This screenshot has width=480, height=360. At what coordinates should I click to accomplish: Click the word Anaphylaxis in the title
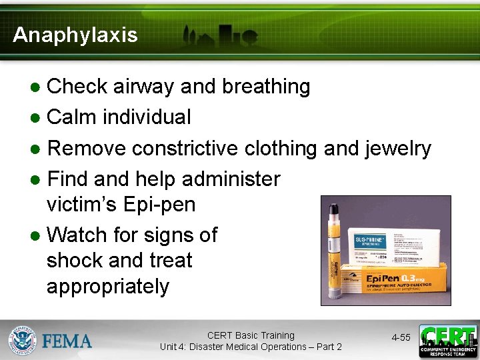[75, 35]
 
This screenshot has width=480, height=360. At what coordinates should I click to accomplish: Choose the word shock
[77, 260]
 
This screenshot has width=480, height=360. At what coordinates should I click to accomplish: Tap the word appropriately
[108, 287]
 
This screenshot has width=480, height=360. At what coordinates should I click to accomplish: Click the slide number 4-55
[401, 338]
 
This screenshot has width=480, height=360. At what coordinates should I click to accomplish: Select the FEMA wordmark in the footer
[67, 341]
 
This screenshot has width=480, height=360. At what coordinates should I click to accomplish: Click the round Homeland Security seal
[22, 340]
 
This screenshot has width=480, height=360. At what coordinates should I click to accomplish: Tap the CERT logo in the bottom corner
[448, 340]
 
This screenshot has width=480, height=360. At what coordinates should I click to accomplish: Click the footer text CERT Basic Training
[251, 335]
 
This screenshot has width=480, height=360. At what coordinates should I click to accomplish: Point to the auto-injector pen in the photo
[333, 254]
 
